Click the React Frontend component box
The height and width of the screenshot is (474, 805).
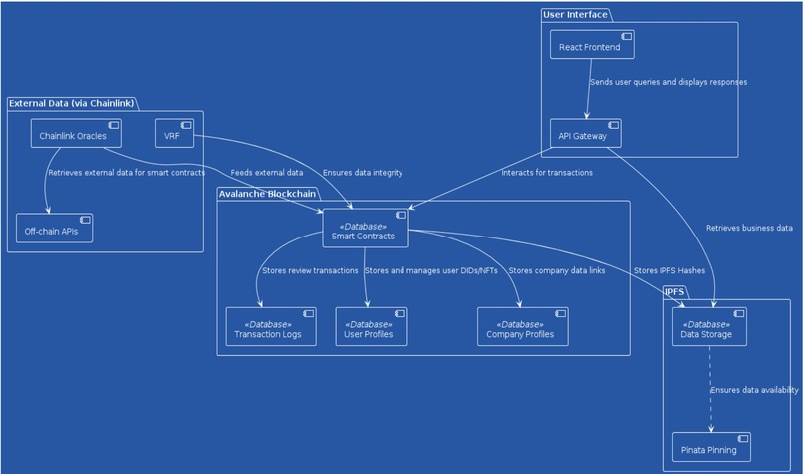[x=592, y=44]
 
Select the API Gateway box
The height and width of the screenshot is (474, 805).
[x=586, y=133]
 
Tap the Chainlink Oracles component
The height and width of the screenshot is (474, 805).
[x=76, y=133]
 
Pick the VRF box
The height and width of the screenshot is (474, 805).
[x=175, y=133]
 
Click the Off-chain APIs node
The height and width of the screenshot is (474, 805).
[x=54, y=228]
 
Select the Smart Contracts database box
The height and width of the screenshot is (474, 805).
[x=366, y=229]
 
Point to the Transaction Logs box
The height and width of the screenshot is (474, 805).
[x=271, y=326]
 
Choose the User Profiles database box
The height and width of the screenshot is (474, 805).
[x=372, y=326]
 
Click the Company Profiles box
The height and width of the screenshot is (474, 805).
[x=523, y=326]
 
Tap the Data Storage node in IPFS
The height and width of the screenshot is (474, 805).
[x=709, y=326]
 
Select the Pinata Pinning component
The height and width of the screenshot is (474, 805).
[x=711, y=447]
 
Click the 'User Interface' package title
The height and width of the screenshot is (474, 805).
[x=575, y=14]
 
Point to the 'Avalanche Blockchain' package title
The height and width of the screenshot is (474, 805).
[x=267, y=194]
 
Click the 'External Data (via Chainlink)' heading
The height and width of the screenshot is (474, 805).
[x=71, y=103]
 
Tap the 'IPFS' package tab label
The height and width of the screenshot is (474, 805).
[x=674, y=292]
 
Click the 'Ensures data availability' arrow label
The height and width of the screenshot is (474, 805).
[x=754, y=390]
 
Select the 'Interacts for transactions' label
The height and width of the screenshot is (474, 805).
[x=547, y=173]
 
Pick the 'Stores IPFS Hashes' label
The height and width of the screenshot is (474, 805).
[x=669, y=270]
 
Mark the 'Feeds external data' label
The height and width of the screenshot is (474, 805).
[x=267, y=173]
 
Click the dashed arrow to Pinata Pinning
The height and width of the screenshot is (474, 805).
[x=710, y=389]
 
